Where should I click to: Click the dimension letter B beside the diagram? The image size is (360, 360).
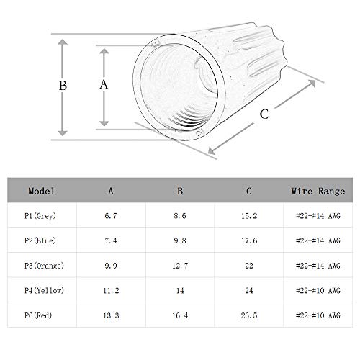[63, 86]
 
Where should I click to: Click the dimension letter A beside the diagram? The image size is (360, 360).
[104, 84]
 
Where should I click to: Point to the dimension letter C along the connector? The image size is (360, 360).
[264, 114]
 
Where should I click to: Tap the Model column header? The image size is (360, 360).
[42, 191]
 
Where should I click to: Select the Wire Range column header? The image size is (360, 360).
[318, 192]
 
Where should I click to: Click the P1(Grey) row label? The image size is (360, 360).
[40, 216]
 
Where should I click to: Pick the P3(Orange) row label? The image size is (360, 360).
[44, 266]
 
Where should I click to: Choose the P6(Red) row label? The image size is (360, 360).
[38, 315]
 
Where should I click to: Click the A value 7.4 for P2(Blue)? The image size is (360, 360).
[111, 240]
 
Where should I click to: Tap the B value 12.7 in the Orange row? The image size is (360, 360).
[180, 266]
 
